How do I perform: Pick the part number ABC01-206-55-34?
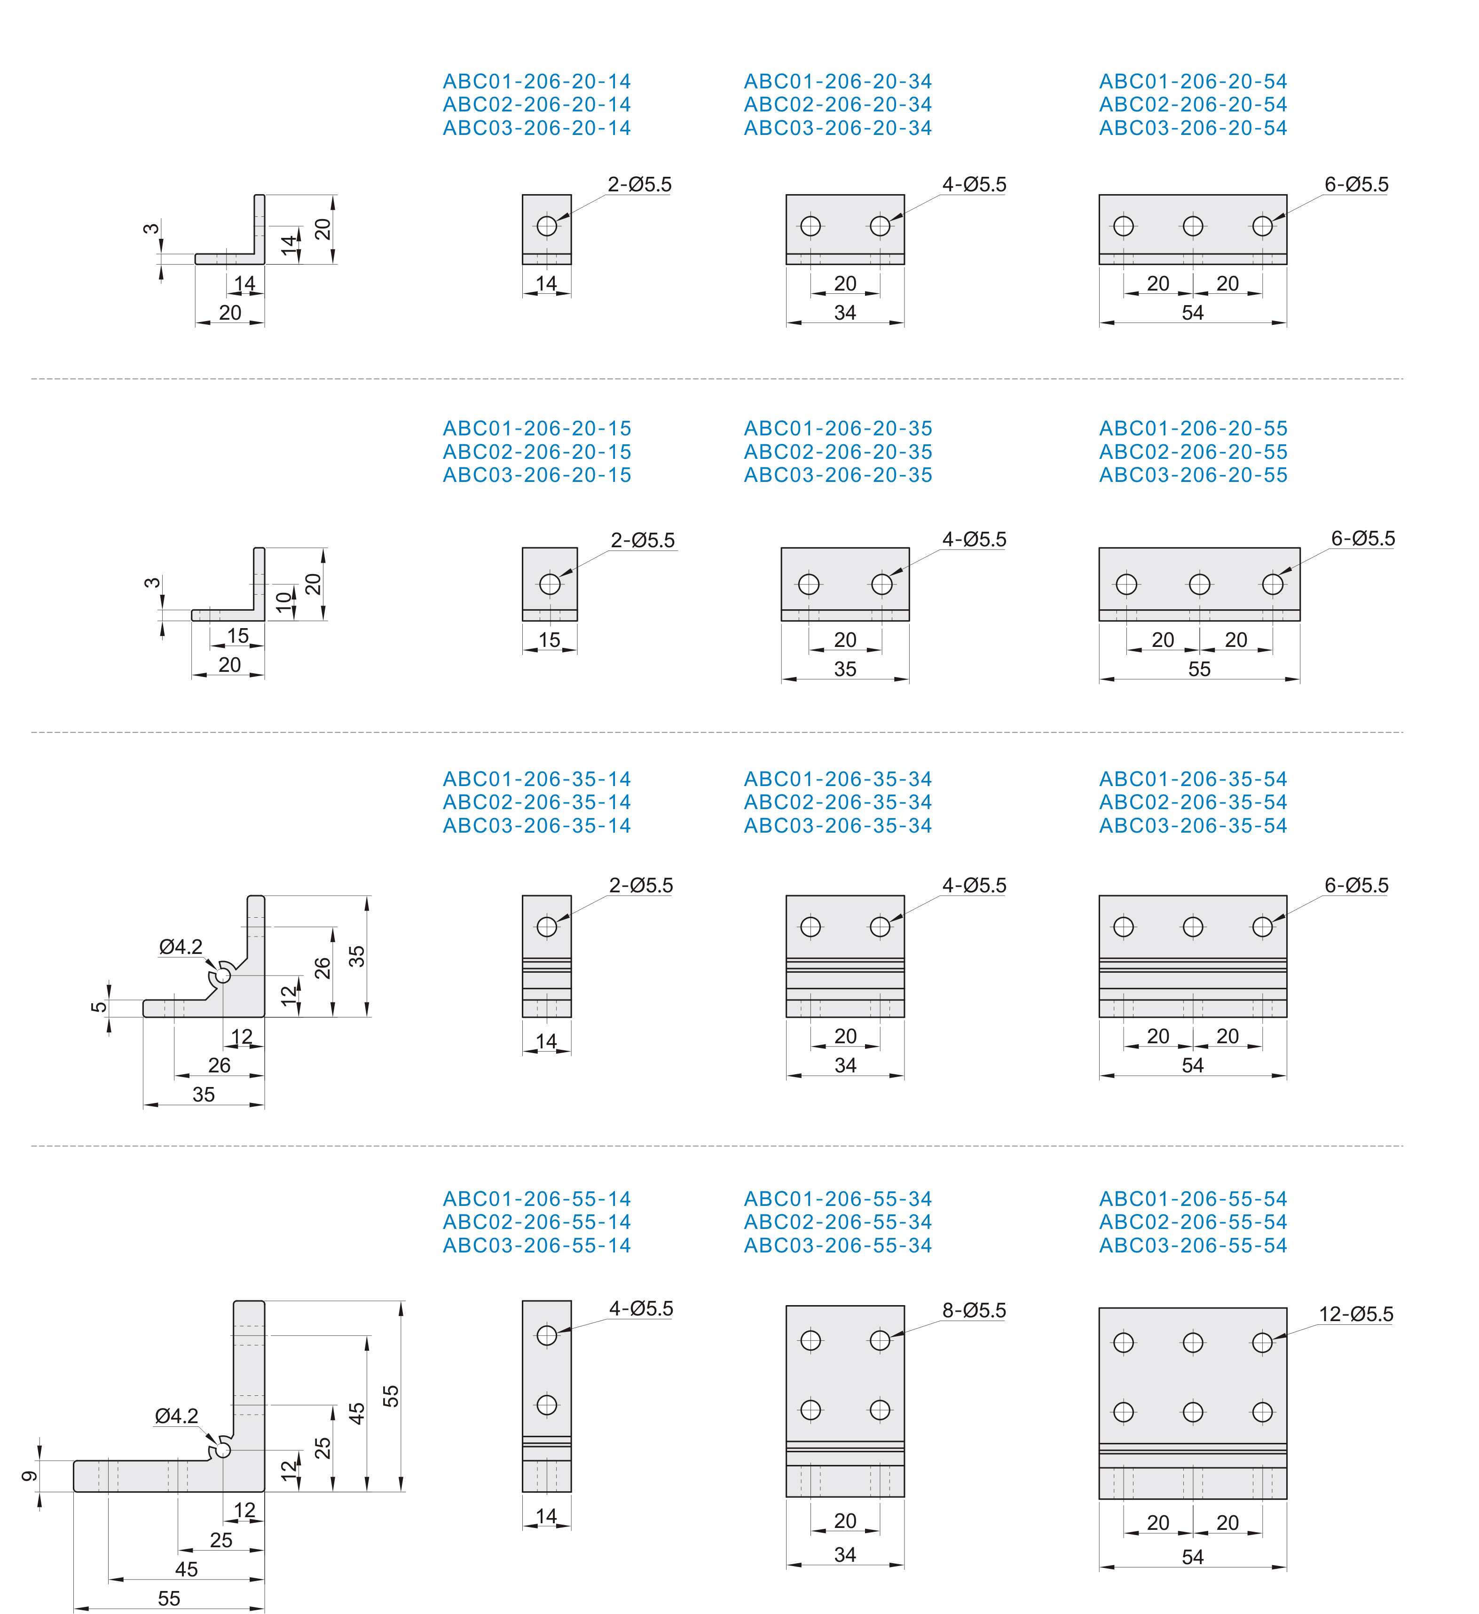click(x=838, y=1198)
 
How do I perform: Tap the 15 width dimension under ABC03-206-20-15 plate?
click(x=549, y=640)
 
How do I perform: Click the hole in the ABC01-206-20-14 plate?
click(x=547, y=226)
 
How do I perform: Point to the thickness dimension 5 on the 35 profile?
click(x=99, y=1007)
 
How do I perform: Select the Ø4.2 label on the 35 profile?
click(x=181, y=947)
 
